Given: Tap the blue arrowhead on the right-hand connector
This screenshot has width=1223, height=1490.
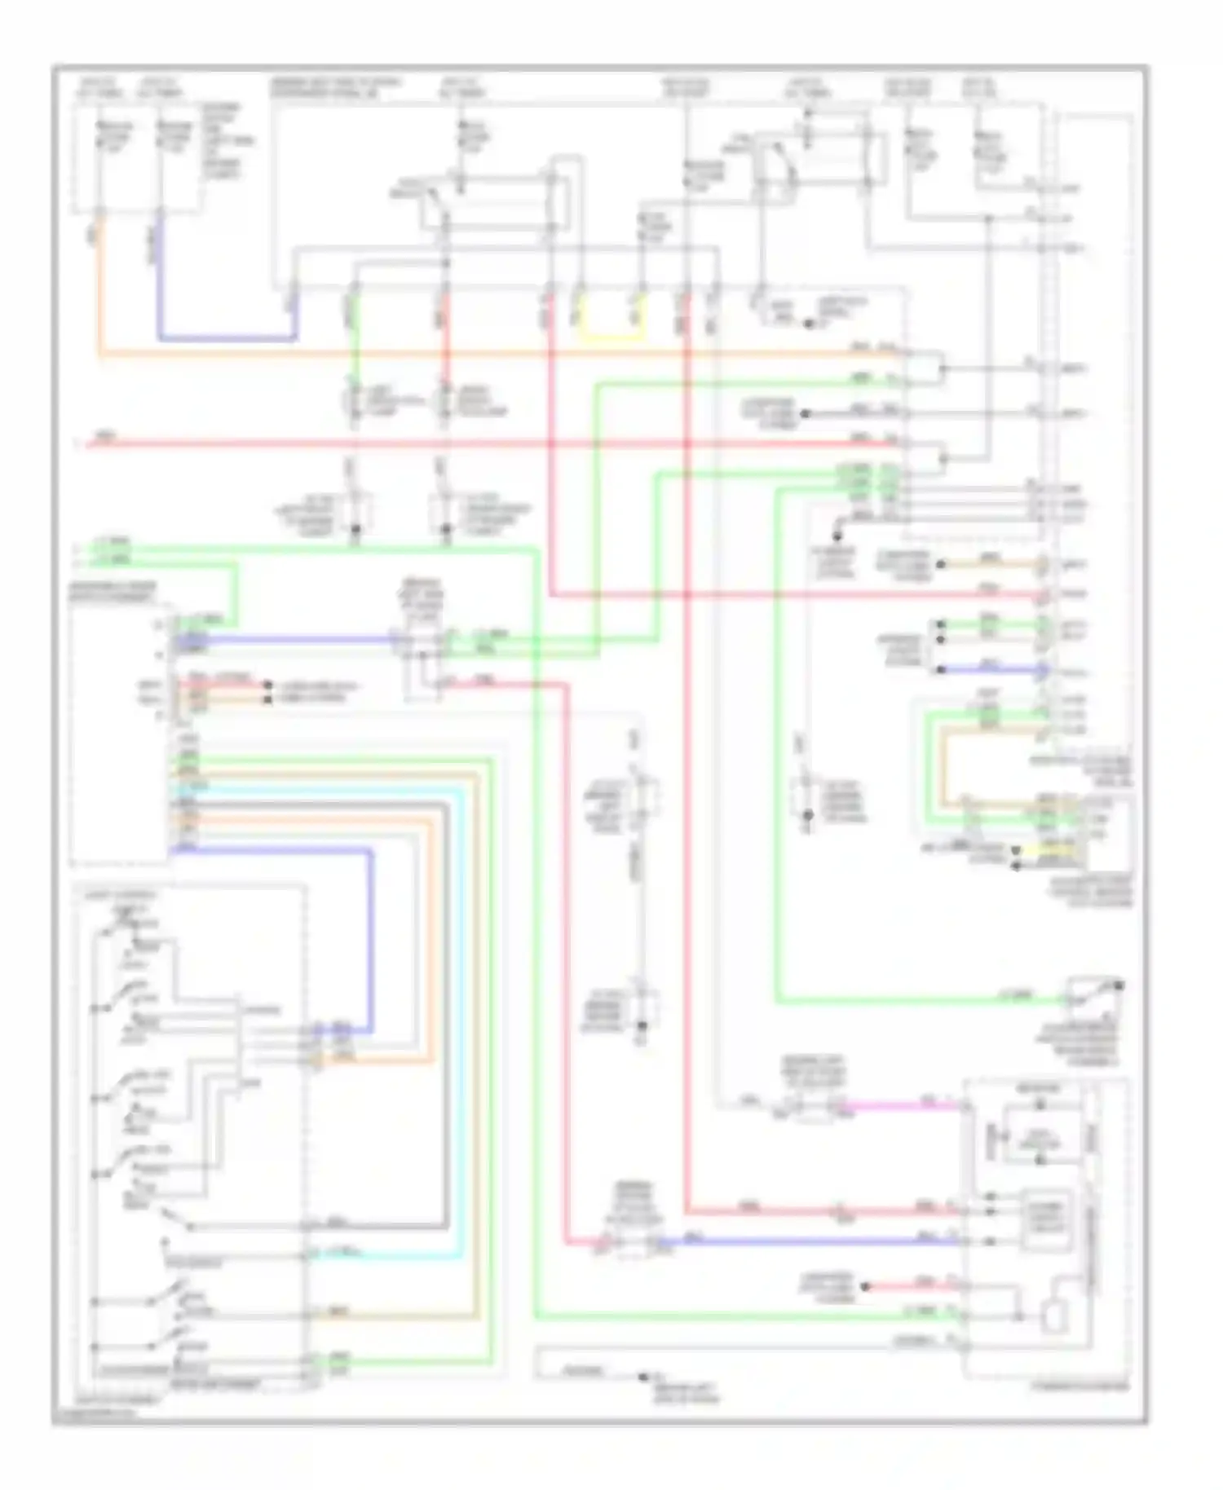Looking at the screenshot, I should pos(1043,671).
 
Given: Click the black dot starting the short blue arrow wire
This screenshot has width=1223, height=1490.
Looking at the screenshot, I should pos(940,669).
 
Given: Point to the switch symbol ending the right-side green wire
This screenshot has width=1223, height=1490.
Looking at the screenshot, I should pos(1093,996).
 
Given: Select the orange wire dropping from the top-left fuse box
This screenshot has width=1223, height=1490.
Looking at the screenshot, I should pos(99,285).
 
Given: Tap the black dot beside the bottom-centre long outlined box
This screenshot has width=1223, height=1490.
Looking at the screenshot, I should pos(642,1377).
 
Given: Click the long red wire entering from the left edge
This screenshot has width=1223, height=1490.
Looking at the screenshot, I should pos(489,444).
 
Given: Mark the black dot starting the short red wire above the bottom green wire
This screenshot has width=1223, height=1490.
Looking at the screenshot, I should pos(866,1286).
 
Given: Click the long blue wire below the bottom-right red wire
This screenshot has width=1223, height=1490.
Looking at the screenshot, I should pos(815,1241).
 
